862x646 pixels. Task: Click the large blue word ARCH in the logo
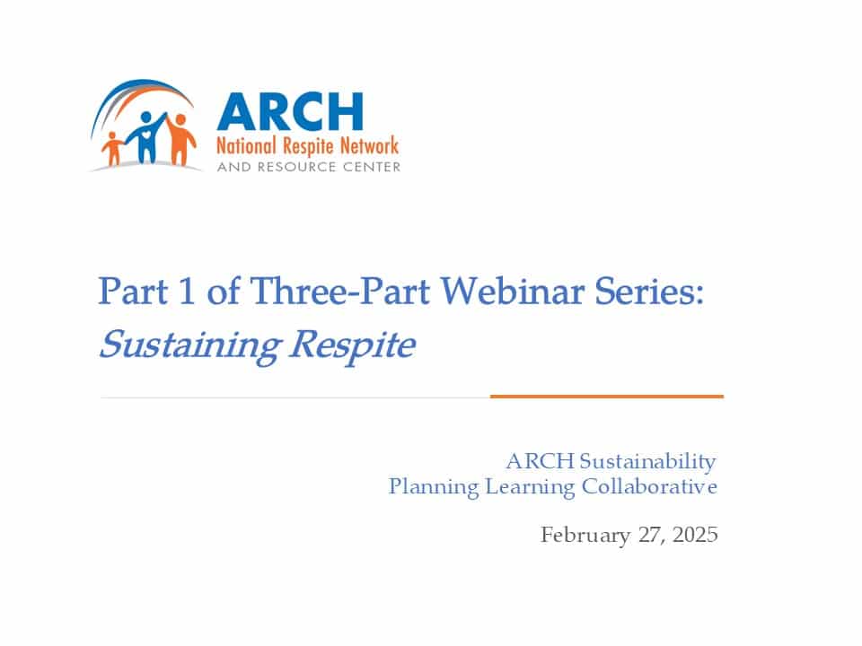[x=290, y=111]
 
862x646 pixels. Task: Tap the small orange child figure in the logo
[x=113, y=148]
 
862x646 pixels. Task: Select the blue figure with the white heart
[x=146, y=138]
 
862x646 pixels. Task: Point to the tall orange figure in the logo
[x=180, y=140]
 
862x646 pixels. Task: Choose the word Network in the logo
[x=369, y=145]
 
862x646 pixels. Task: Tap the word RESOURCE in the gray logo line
[x=297, y=167]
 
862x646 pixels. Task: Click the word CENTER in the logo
[x=372, y=167]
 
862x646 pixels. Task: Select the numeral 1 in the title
[x=187, y=291]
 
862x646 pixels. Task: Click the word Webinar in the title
[x=512, y=291]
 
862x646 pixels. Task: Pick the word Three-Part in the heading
[x=339, y=291]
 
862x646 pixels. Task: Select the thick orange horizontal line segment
[x=607, y=396]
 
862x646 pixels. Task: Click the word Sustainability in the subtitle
[x=647, y=461]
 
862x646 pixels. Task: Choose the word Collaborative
[x=649, y=486]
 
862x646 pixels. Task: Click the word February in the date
[x=585, y=535]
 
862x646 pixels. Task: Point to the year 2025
[x=695, y=535]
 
